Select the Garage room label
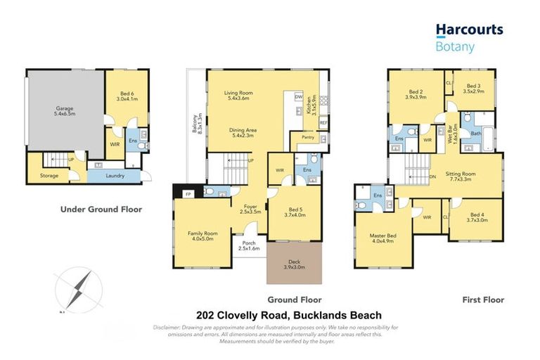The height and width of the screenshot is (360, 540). [65, 112]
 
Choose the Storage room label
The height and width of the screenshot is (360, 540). [49, 176]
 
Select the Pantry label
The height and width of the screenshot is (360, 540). [307, 138]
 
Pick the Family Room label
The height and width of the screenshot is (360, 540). [202, 236]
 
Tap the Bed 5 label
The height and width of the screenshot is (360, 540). [295, 212]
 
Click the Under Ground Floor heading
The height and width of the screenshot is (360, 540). [101, 209]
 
